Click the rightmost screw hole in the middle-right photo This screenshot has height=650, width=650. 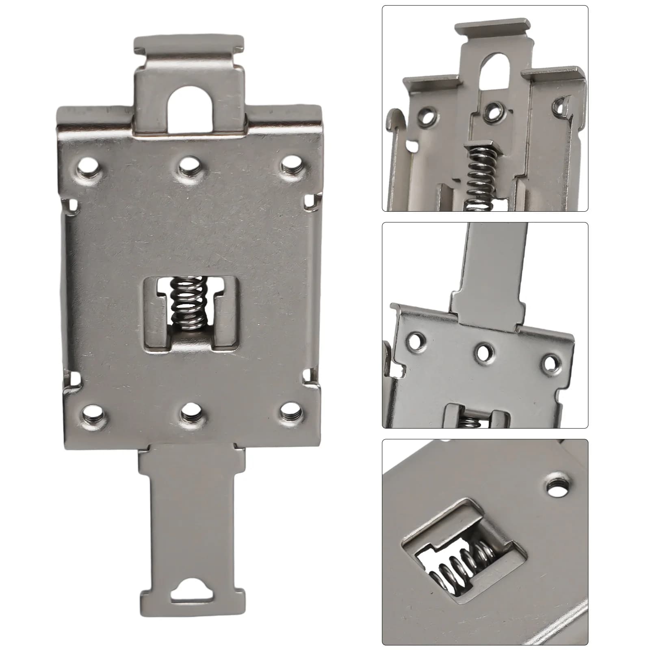pyautogui.click(x=550, y=363)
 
